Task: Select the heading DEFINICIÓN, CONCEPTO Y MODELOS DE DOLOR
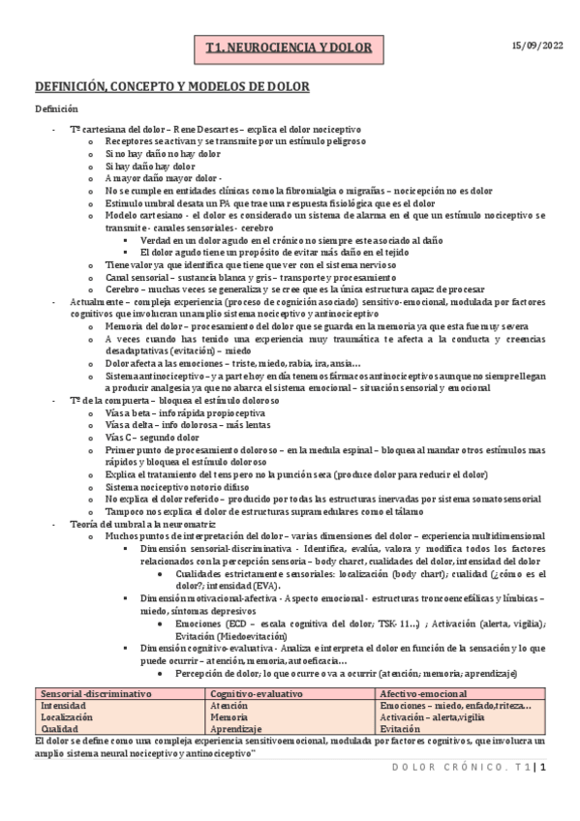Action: [x=172, y=87]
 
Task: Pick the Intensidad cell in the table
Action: [x=62, y=706]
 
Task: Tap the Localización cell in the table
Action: [x=67, y=717]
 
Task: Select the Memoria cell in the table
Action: [x=230, y=717]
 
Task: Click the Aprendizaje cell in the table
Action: [x=236, y=729]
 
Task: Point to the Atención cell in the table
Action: [x=230, y=706]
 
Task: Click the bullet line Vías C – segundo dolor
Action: [x=148, y=438]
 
